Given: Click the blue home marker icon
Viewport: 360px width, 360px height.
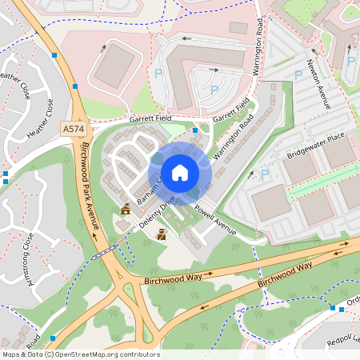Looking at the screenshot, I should pyautogui.click(x=180, y=173).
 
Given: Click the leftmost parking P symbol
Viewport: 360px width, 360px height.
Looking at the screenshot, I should pyautogui.click(x=158, y=73).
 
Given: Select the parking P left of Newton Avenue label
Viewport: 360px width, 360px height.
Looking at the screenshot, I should pyautogui.click(x=298, y=74).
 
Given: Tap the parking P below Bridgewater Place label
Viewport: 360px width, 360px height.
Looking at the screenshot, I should pyautogui.click(x=264, y=171).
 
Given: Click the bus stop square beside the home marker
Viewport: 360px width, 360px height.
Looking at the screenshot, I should pyautogui.click(x=195, y=130).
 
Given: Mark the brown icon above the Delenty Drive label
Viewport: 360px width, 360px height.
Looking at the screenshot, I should pyautogui.click(x=125, y=210).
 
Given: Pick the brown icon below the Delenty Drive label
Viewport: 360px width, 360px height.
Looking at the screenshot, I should pyautogui.click(x=162, y=234).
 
